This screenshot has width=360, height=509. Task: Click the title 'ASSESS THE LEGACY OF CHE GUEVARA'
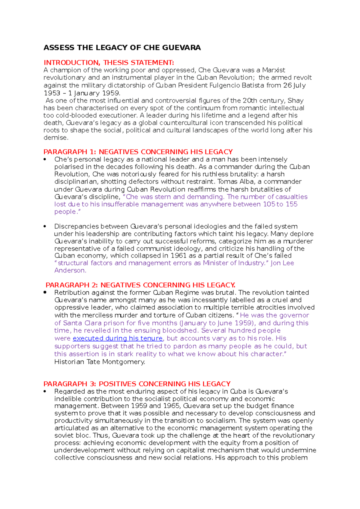tap(122, 48)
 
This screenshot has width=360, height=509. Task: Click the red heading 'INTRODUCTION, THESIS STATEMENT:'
tap(109, 63)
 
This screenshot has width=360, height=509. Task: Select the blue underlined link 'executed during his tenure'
tap(118, 338)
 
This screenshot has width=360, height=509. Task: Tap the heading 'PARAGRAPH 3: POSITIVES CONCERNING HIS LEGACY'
tap(137, 384)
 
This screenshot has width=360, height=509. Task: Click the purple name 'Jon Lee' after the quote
tap(282, 263)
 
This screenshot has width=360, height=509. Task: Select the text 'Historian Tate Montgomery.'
tap(100, 362)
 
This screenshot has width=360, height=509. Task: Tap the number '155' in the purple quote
tap(291, 204)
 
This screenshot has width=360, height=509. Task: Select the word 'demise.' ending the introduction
tap(56, 138)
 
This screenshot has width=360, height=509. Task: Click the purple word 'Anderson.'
tap(70, 270)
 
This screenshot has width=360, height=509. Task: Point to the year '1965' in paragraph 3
tap(171, 406)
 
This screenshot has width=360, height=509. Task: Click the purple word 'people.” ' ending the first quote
tap(67, 212)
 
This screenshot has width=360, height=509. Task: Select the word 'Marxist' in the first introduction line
tap(274, 70)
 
